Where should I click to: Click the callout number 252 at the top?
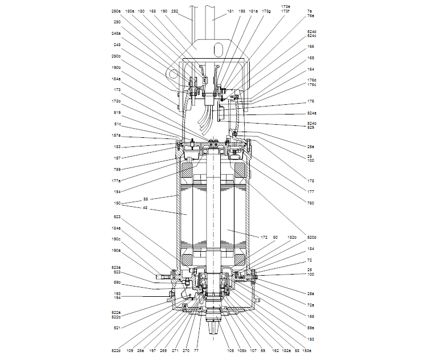tap(175, 11)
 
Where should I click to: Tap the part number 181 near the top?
tap(214, 11)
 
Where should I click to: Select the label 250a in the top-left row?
tap(116, 11)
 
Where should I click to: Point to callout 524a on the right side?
tap(311, 113)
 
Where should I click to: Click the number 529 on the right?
tap(311, 127)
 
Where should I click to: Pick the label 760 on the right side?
tap(311, 202)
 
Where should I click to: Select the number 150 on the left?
tap(117, 202)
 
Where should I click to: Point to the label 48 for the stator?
tap(145, 207)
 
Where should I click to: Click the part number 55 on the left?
tap(145, 199)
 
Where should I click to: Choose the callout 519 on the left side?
tap(117, 113)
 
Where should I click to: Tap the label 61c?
tap(117, 124)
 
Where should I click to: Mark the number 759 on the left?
tap(117, 169)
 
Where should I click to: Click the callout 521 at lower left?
tap(117, 328)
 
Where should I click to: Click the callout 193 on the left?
tap(117, 293)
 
